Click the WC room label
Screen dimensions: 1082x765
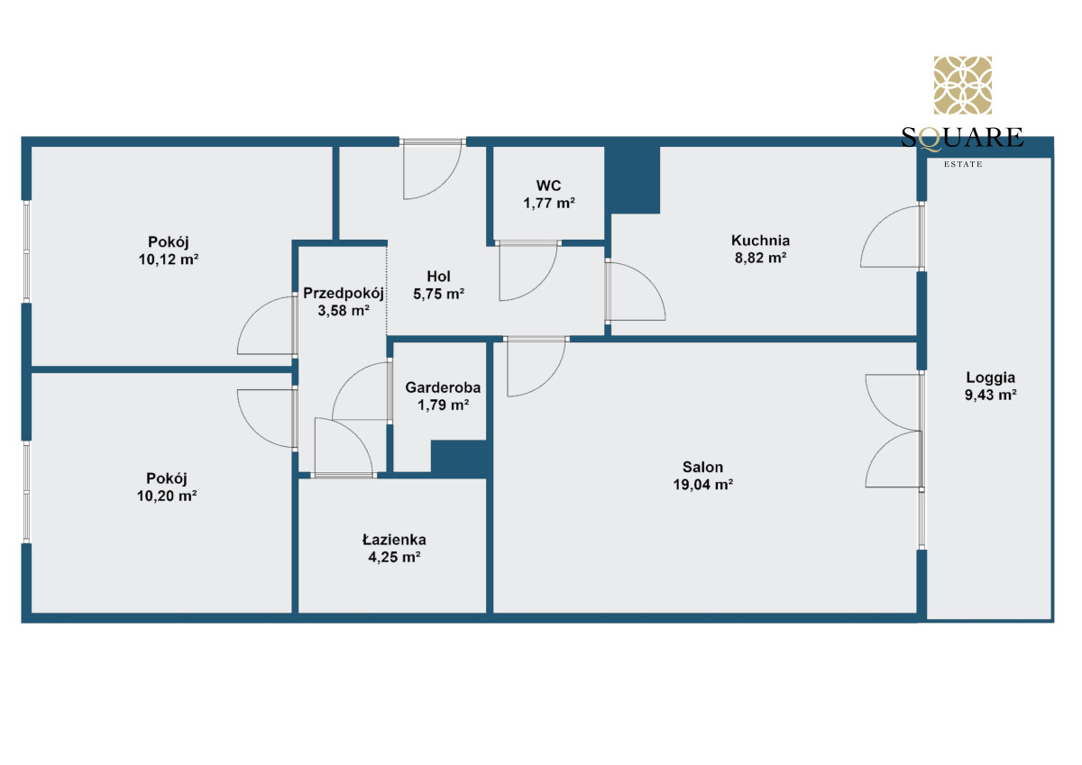click(x=548, y=186)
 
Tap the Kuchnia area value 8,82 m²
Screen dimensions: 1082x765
click(x=760, y=258)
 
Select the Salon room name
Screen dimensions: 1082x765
click(x=702, y=467)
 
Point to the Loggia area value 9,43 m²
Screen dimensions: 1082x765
click(x=990, y=395)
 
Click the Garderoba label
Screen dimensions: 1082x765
click(x=443, y=387)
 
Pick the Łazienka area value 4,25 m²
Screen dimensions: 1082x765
click(x=394, y=557)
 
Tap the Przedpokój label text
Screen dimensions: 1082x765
click(x=344, y=293)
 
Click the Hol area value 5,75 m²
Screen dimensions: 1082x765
click(x=438, y=294)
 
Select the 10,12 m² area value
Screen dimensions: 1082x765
click(x=169, y=260)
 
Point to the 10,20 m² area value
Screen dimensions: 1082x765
click(x=167, y=496)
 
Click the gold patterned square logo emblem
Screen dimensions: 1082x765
click(x=962, y=85)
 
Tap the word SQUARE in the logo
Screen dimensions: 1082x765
click(x=962, y=138)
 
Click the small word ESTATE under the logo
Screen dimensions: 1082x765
click(x=963, y=164)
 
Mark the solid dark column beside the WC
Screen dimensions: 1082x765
click(x=632, y=179)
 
